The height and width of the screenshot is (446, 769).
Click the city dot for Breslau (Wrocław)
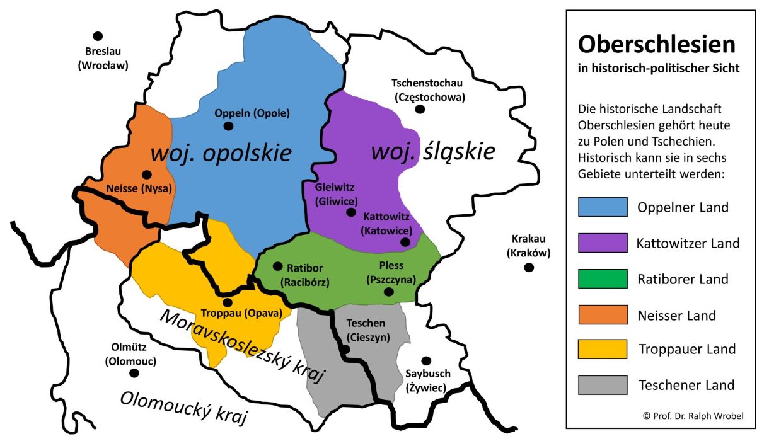(98, 37)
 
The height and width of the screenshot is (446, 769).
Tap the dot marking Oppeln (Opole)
(228, 126)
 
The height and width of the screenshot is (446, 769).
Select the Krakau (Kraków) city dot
(529, 268)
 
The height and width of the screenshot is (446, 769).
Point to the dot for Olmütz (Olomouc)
(134, 373)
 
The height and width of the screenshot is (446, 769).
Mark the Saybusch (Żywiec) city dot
(426, 361)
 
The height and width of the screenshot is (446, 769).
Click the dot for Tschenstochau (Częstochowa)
(420, 109)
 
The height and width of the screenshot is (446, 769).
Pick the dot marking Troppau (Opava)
(228, 302)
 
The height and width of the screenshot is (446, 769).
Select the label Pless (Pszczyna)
(391, 272)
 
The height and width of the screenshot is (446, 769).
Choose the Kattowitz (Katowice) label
(386, 223)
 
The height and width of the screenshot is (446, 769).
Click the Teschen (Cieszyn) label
(368, 329)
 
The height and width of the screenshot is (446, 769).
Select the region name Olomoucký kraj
(183, 407)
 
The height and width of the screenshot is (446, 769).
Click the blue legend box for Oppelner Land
(603, 207)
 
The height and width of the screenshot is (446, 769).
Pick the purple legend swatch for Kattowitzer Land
(603, 243)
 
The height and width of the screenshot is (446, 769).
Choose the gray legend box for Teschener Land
(603, 385)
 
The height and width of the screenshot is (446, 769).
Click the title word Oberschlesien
(656, 44)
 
